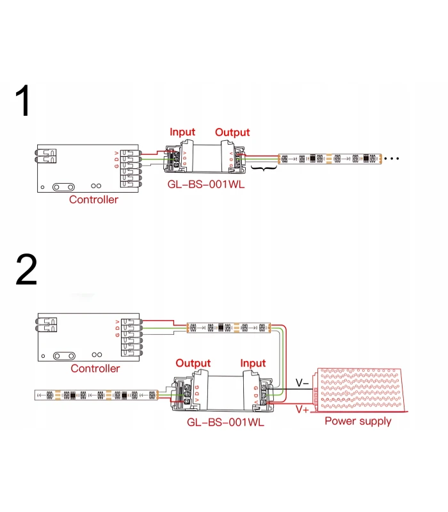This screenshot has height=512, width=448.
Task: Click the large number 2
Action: tap(26, 271)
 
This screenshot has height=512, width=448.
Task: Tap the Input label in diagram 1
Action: tap(182, 132)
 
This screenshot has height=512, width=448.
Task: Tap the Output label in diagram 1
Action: tap(232, 132)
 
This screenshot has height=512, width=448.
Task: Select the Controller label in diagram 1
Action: tap(93, 200)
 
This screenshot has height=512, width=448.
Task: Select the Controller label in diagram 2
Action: tap(95, 369)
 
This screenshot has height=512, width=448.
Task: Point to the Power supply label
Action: tap(358, 421)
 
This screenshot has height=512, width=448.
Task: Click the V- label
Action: tap(302, 383)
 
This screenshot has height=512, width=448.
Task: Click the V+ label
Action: tap(302, 408)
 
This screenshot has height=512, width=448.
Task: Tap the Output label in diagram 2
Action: tap(193, 364)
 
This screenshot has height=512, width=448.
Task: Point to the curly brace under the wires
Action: tap(263, 168)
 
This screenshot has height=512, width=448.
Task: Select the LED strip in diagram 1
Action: tap(330, 157)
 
